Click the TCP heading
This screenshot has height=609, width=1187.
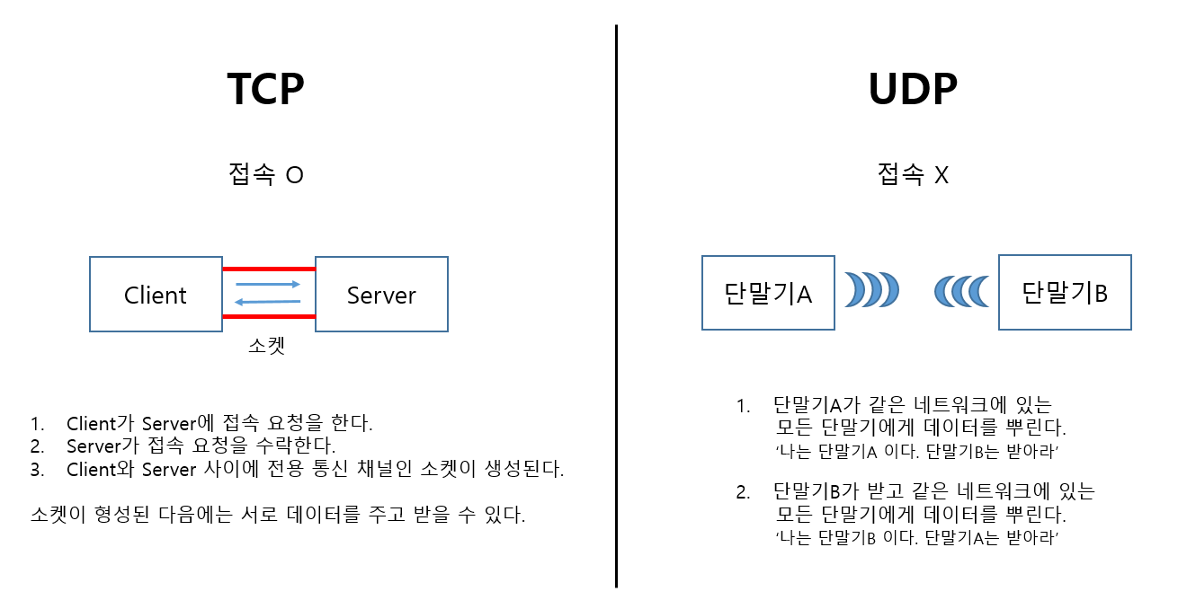pos(265,89)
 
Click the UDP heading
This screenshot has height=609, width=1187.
pos(913,89)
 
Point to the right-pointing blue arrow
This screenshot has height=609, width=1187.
pos(268,284)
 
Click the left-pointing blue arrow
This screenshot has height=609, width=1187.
pos(268,301)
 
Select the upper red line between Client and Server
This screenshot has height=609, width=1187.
pos(269,269)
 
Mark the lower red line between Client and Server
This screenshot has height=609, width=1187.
pos(269,316)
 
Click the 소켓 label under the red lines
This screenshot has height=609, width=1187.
pos(266,346)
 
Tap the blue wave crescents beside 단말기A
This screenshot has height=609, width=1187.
pos(871,290)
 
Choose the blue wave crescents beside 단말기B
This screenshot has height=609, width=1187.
pos(961,290)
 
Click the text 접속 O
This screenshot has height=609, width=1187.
pos(266,174)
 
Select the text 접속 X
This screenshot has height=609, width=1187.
pos(913,174)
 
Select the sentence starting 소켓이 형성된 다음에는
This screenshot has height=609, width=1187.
pos(277,516)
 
